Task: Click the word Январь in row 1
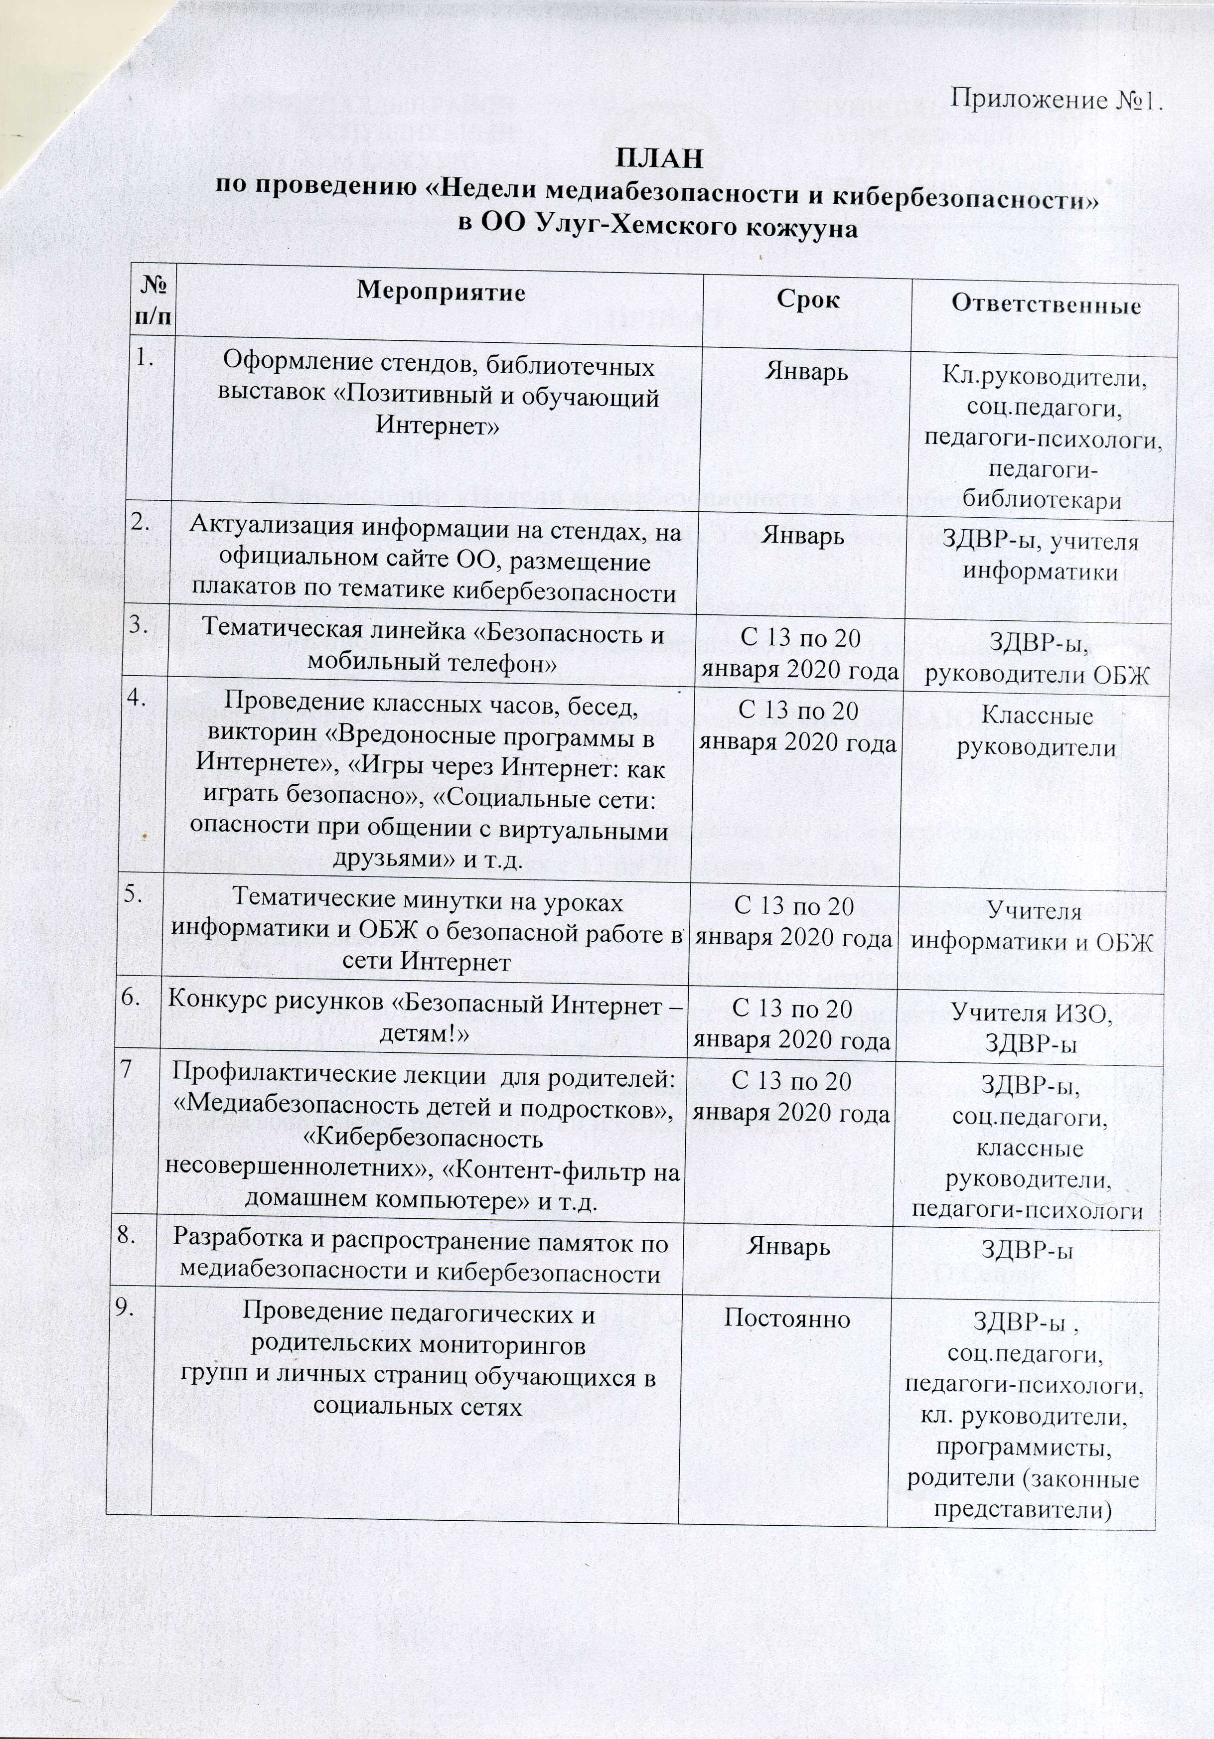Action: [x=806, y=373]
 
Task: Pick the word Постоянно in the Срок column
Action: [x=787, y=1318]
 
